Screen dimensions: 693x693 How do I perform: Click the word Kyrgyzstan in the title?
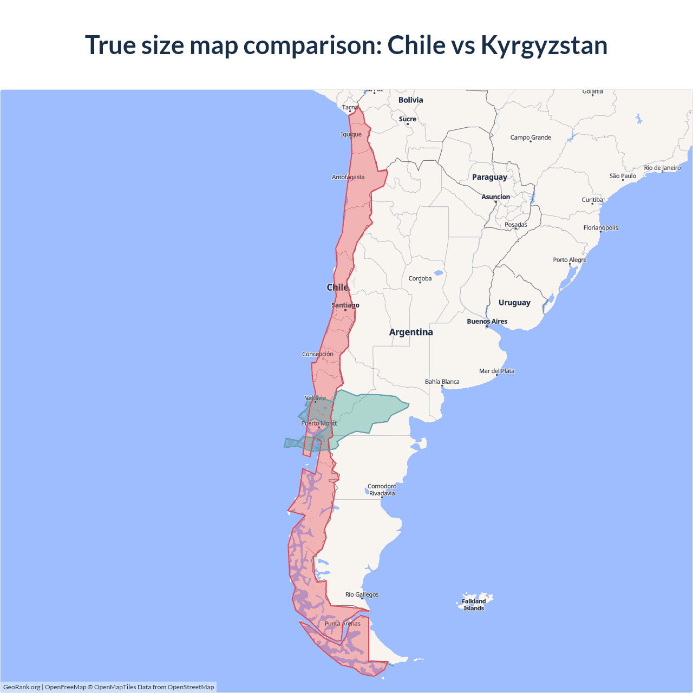click(544, 45)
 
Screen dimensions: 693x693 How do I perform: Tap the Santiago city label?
click(345, 305)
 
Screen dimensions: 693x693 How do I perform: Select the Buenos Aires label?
click(487, 322)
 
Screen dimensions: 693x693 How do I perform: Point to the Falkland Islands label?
click(474, 605)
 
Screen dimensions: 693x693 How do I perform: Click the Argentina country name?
click(411, 332)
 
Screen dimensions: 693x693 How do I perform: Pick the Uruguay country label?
click(514, 303)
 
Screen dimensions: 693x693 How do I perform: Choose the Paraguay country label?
click(489, 177)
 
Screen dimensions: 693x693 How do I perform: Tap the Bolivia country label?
click(410, 100)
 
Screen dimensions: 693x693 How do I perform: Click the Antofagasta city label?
click(348, 177)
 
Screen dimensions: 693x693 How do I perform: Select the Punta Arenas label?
click(342, 624)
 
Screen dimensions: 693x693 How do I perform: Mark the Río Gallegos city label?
click(362, 594)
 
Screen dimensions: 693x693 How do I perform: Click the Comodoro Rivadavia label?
click(382, 490)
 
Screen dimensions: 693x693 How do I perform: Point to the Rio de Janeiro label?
click(662, 168)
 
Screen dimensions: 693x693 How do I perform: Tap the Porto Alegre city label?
click(570, 260)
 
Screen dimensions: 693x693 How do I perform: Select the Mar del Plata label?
click(496, 371)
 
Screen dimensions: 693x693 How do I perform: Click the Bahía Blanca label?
click(442, 382)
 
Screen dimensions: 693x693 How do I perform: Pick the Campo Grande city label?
click(531, 138)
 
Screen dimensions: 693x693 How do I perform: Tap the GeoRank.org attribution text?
click(22, 687)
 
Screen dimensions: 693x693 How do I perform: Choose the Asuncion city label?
click(495, 197)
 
